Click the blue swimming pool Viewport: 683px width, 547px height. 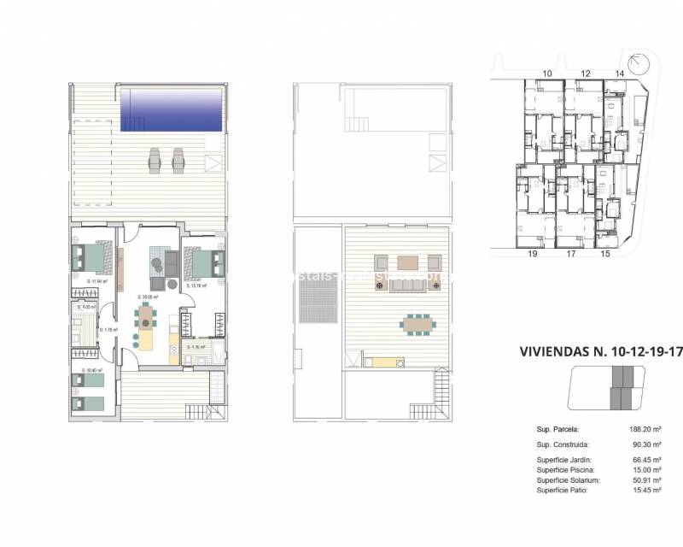click(x=172, y=110)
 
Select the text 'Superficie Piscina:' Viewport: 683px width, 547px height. click(x=566, y=469)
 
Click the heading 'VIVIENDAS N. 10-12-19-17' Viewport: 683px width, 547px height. click(x=601, y=351)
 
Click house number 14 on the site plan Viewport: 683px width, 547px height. click(x=619, y=74)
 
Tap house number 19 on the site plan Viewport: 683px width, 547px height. click(x=532, y=254)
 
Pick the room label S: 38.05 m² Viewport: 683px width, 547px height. click(x=149, y=297)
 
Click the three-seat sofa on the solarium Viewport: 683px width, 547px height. click(x=409, y=286)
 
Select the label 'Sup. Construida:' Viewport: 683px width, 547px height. click(x=564, y=445)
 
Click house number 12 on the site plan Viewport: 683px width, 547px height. click(x=585, y=74)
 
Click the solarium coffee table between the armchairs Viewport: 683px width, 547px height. click(x=409, y=262)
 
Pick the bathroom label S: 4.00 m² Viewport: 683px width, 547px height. click(x=87, y=307)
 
